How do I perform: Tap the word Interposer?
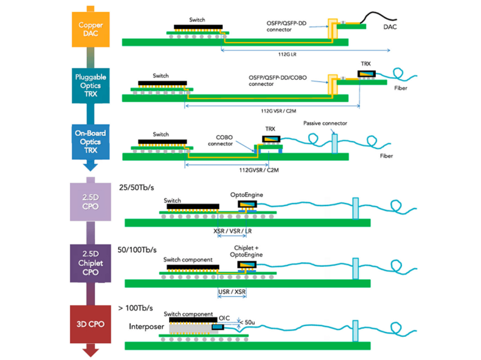pyautogui.click(x=146, y=326)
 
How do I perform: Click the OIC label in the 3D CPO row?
pyautogui.click(x=225, y=316)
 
